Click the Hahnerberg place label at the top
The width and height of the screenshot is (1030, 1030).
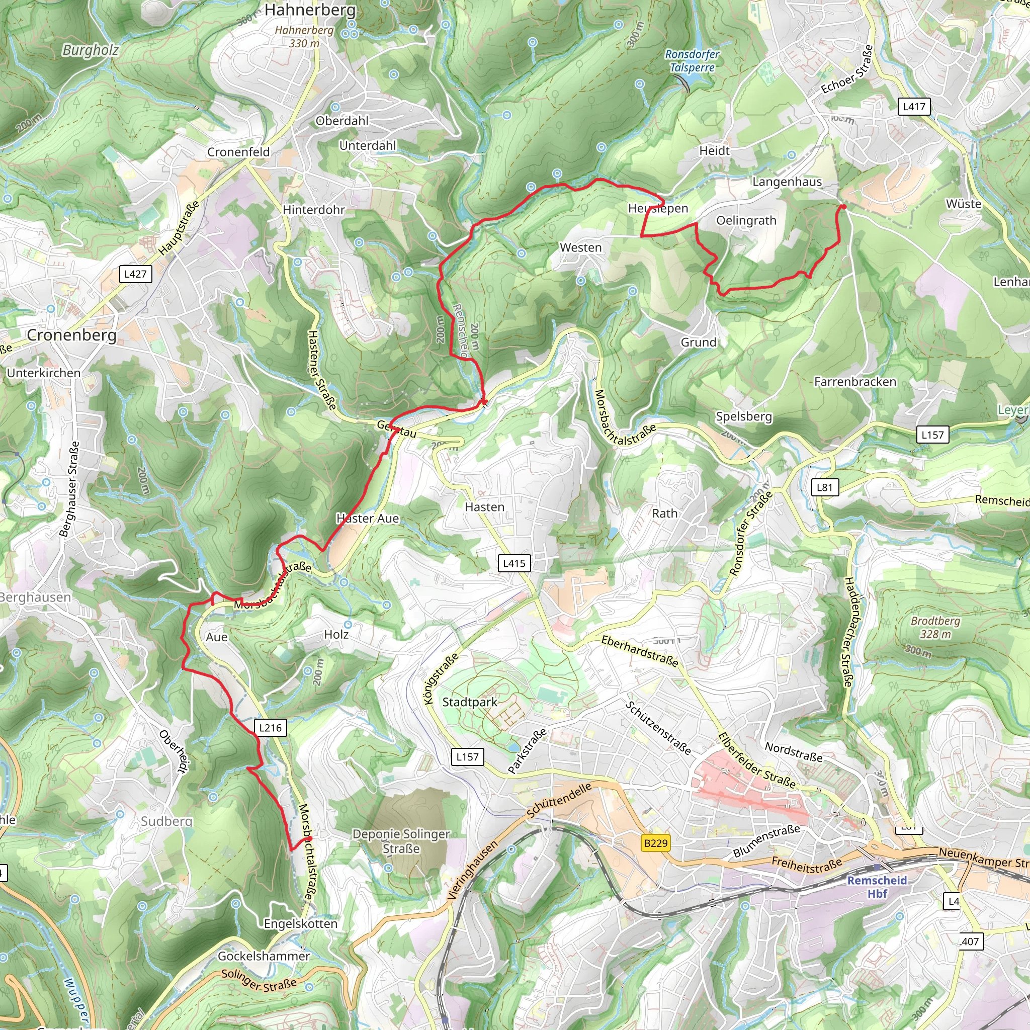click(x=310, y=10)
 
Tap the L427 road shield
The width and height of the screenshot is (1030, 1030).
click(x=135, y=274)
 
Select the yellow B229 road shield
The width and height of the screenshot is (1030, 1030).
click(x=655, y=843)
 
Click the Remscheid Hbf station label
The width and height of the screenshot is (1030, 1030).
click(x=877, y=887)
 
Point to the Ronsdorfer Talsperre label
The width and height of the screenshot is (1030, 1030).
click(x=692, y=61)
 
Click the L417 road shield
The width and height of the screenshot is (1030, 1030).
click(x=914, y=107)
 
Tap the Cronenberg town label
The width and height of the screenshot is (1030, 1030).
click(x=71, y=335)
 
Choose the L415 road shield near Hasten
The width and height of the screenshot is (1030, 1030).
click(x=514, y=563)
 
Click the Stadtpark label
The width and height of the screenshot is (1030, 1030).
click(x=470, y=702)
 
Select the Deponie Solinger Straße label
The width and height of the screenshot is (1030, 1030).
click(x=401, y=841)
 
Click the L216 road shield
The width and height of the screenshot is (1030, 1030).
click(x=270, y=728)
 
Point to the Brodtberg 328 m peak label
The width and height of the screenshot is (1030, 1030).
click(x=935, y=628)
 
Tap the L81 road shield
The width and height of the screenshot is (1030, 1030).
click(x=824, y=487)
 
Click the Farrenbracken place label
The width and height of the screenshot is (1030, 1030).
click(x=855, y=382)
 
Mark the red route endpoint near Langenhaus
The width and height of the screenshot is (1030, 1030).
click(x=843, y=207)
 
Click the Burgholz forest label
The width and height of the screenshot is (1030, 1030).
click(x=90, y=50)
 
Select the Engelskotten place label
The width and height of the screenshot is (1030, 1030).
click(x=301, y=924)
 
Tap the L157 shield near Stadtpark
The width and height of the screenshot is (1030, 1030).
click(x=468, y=756)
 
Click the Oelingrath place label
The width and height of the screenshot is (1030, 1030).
click(x=746, y=221)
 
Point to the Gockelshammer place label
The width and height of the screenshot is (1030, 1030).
click(x=264, y=957)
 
